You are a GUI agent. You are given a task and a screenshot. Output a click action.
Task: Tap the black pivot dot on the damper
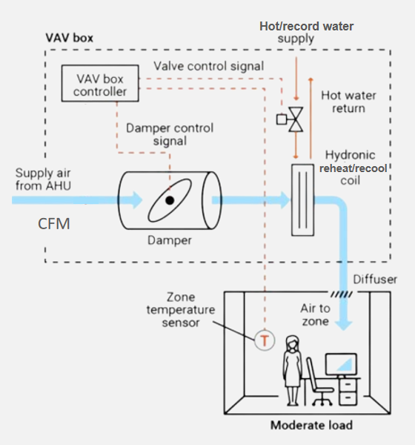coord(170,200)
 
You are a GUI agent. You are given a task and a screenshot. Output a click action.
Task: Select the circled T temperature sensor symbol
coord(265,340)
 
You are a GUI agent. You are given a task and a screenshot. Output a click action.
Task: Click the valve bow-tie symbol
coord(296,119)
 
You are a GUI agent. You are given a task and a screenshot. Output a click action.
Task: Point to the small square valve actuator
coord(282,119)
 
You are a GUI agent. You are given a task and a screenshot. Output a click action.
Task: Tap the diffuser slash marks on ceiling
coord(342,294)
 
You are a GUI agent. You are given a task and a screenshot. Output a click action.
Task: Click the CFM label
coord(54,224)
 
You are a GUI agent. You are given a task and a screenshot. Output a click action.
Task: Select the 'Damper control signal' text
coord(170,134)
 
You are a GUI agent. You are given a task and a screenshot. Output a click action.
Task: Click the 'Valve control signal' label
coord(209,66)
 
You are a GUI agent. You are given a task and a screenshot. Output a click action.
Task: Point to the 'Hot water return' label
coord(348,102)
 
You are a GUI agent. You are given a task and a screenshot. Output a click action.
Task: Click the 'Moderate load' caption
coord(311,425)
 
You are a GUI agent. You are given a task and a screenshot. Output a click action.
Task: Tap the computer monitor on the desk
coord(341,365)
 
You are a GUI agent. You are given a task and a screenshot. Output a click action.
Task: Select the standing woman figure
coord(292,370)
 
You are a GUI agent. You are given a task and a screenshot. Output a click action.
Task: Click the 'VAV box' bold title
coord(69,38)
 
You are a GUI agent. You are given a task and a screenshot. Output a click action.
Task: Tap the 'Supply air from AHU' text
coord(43,179)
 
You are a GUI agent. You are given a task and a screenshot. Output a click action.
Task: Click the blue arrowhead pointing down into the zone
coord(344,326)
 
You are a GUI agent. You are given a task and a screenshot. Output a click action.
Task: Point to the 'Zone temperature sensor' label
coord(181,309)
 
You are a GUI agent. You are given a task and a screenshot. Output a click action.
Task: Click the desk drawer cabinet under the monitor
coord(348,392)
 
